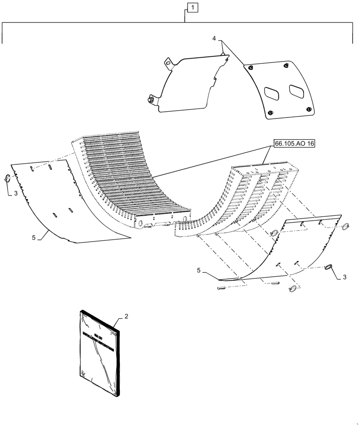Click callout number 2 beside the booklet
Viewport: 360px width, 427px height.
pyautogui.click(x=126, y=316)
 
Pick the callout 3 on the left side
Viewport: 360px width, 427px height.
pyautogui.click(x=15, y=193)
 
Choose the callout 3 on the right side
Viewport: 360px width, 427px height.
pyautogui.click(x=344, y=277)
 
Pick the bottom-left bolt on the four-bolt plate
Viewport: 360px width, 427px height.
pyautogui.click(x=270, y=113)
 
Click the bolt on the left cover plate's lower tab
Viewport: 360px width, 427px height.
pyautogui.click(x=151, y=100)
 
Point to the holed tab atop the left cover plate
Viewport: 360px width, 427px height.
pyautogui.click(x=169, y=64)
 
